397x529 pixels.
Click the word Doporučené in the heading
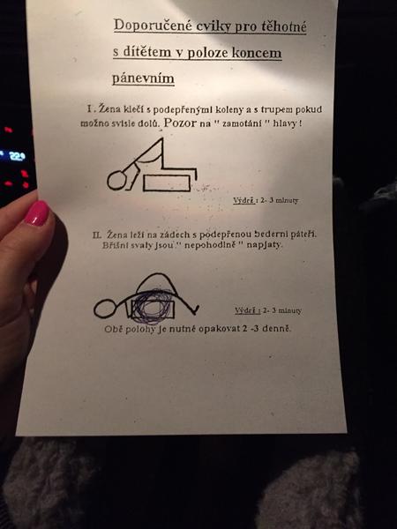(154, 26)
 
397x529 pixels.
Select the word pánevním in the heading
(143, 78)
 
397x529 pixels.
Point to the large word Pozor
(180, 123)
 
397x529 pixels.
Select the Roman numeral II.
(97, 235)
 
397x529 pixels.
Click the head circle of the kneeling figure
(117, 180)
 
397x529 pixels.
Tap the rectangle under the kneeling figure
(167, 183)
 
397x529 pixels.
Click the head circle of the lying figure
(105, 309)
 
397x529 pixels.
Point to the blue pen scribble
(153, 306)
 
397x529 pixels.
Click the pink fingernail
(37, 212)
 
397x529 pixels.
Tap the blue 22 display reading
(17, 156)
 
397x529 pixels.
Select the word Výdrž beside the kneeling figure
(243, 200)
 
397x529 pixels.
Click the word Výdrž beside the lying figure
(247, 310)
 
